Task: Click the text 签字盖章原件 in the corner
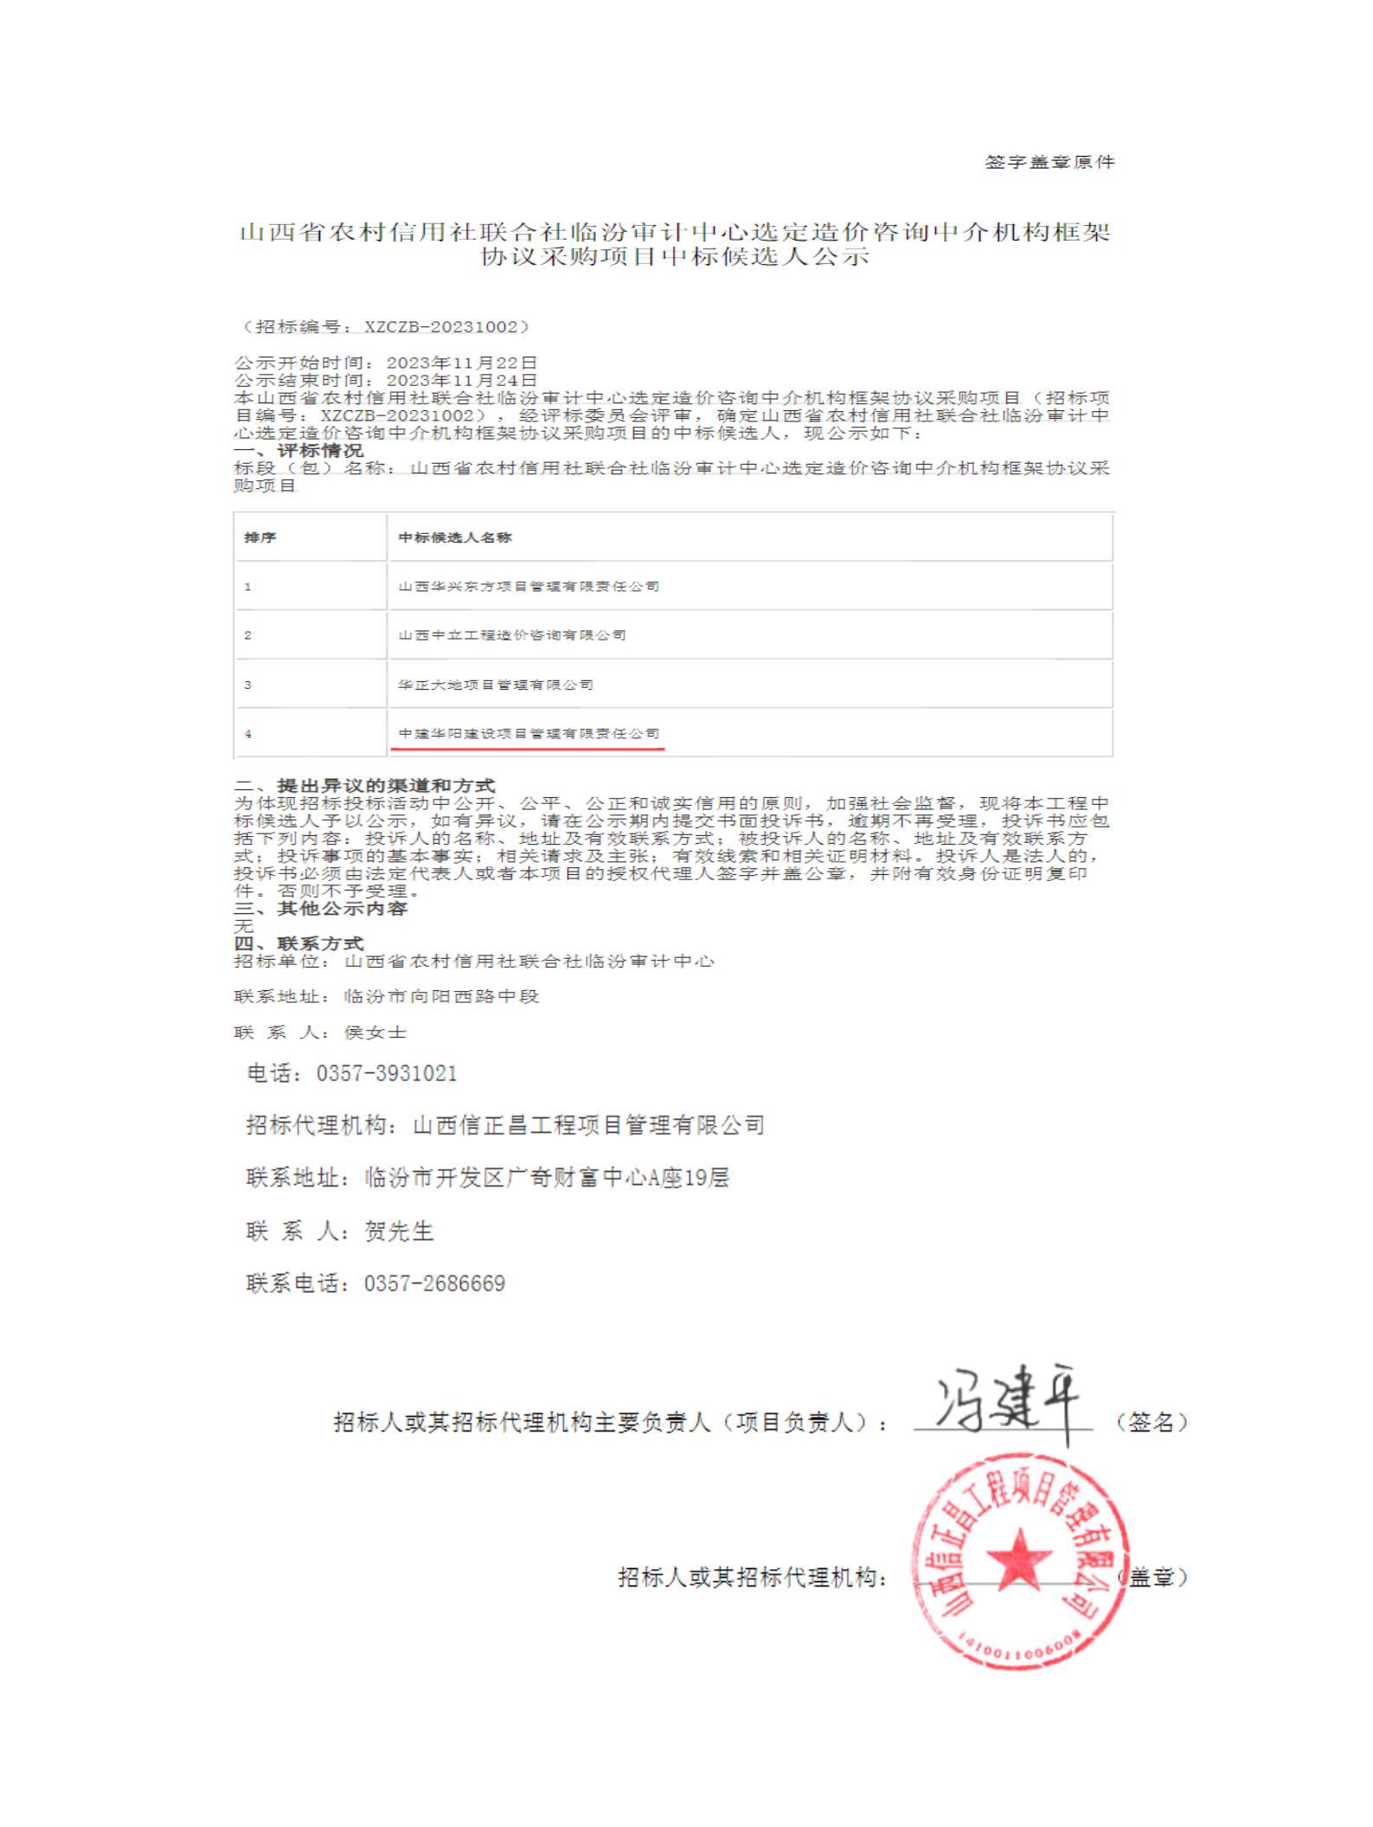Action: (x=1049, y=162)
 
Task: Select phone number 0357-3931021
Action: (x=386, y=1073)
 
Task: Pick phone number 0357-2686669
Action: (x=434, y=1283)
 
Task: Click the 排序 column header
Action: (x=260, y=537)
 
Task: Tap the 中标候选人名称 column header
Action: (x=455, y=537)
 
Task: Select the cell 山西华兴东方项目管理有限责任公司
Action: (x=529, y=586)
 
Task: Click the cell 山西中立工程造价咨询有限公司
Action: (x=512, y=634)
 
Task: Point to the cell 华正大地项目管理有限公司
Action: (x=496, y=685)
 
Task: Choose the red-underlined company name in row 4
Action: (x=529, y=733)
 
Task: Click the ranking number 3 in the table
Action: (x=247, y=685)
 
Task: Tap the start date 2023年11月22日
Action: (x=462, y=363)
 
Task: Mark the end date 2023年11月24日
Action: (x=462, y=380)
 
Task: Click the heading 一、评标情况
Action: (x=299, y=450)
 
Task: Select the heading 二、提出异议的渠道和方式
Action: (x=365, y=785)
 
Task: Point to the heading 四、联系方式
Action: (x=299, y=942)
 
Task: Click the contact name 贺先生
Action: (x=399, y=1231)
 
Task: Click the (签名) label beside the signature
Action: (x=1152, y=1421)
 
